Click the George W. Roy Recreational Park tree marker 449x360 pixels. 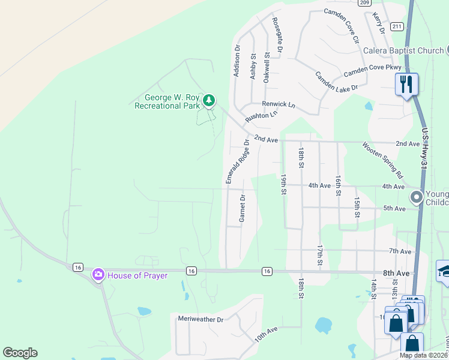pyautogui.click(x=209, y=100)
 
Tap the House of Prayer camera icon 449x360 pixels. pyautogui.click(x=98, y=275)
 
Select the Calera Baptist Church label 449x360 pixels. pyautogui.click(x=403, y=50)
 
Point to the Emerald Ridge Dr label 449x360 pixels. pyautogui.click(x=237, y=161)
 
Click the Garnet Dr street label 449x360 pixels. pyautogui.click(x=243, y=208)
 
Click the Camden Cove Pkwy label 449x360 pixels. pyautogui.click(x=372, y=70)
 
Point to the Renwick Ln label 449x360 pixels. pyautogui.click(x=282, y=104)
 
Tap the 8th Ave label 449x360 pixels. pyautogui.click(x=397, y=273)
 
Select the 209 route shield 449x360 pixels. pyautogui.click(x=364, y=3)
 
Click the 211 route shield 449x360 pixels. pyautogui.click(x=396, y=27)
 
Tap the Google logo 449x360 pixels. pyautogui.click(x=20, y=353)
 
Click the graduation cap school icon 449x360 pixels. pyautogui.click(x=443, y=271)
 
